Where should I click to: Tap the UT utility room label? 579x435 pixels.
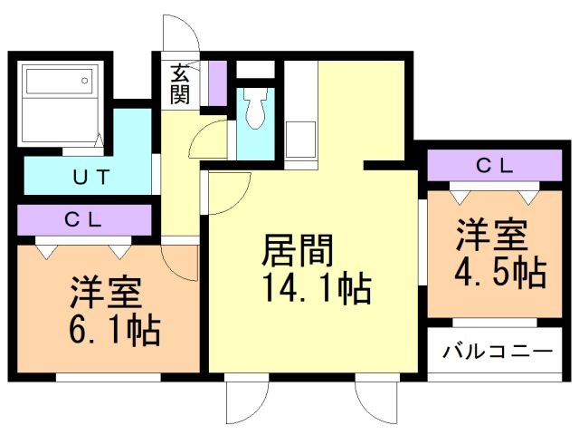(x=91, y=177)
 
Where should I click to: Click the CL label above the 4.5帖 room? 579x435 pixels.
(x=495, y=166)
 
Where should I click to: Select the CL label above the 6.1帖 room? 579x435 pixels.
(x=83, y=220)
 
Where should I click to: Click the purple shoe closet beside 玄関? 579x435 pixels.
(x=215, y=83)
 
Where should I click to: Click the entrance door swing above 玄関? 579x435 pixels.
(x=178, y=36)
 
